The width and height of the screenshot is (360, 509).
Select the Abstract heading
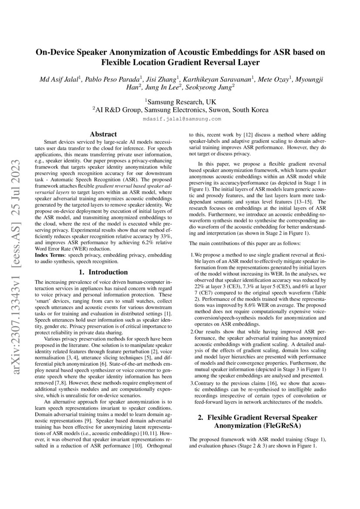pyautogui.click(x=103, y=135)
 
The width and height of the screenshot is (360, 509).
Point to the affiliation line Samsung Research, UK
pyautogui.click(x=180, y=101)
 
